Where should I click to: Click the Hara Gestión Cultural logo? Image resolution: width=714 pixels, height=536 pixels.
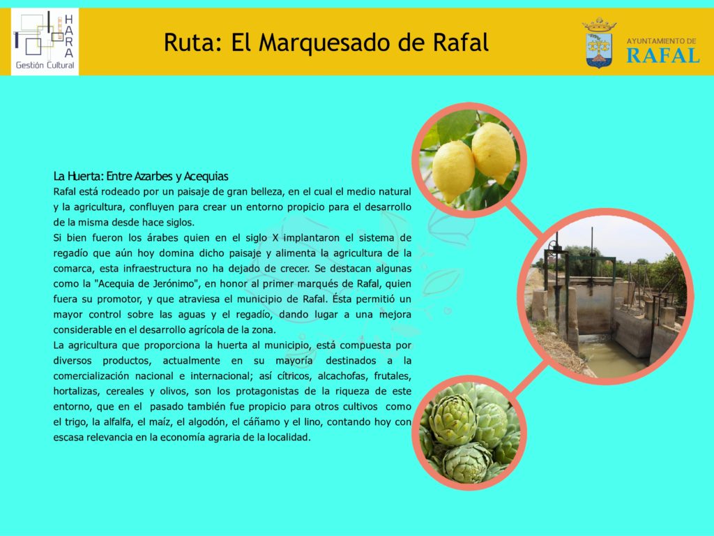click(45, 41)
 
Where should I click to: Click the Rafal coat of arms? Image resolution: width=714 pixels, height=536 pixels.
click(599, 43)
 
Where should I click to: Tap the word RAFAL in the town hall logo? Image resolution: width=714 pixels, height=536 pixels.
click(662, 56)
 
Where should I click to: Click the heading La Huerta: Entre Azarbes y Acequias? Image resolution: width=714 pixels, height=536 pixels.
click(141, 177)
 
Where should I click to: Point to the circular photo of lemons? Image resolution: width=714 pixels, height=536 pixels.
click(469, 160)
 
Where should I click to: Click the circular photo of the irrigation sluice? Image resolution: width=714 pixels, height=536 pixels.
click(606, 296)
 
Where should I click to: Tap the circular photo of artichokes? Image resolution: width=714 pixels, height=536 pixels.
click(469, 432)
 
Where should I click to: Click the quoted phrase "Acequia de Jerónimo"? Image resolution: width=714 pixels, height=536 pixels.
click(148, 284)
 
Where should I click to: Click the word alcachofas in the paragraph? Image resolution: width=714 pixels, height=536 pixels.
click(343, 376)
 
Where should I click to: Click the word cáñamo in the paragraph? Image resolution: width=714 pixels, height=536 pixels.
click(261, 422)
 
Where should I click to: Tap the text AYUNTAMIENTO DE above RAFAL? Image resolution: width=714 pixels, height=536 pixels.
click(661, 41)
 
